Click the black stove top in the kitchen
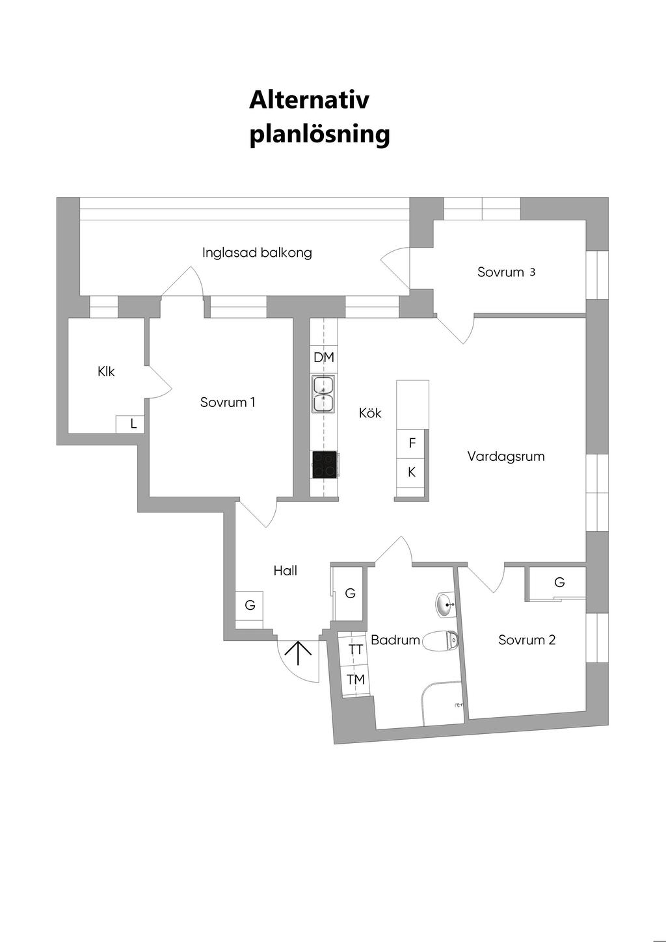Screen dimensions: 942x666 pyautogui.click(x=325, y=464)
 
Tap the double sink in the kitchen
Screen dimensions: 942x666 pyautogui.click(x=323, y=395)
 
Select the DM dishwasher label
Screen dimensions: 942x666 pyautogui.click(x=323, y=357)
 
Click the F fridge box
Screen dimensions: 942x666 pyautogui.click(x=412, y=443)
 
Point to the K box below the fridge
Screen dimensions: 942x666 pyautogui.click(x=412, y=472)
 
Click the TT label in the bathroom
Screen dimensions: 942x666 pyautogui.click(x=355, y=649)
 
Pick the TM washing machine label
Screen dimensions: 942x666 pyautogui.click(x=355, y=679)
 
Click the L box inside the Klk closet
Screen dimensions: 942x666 pyautogui.click(x=133, y=424)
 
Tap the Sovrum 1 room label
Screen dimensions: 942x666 pyautogui.click(x=228, y=402)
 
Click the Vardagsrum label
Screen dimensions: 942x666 pyautogui.click(x=505, y=456)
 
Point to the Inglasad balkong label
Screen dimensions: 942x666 pyautogui.click(x=257, y=252)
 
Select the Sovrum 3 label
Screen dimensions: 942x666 pyautogui.click(x=506, y=272)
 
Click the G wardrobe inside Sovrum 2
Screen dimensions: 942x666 pyautogui.click(x=559, y=582)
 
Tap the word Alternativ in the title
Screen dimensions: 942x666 pyautogui.click(x=309, y=99)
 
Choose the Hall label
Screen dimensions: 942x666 pyautogui.click(x=285, y=571)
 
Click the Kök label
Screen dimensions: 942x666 pyautogui.click(x=370, y=413)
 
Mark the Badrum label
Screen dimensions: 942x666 pyautogui.click(x=395, y=640)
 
